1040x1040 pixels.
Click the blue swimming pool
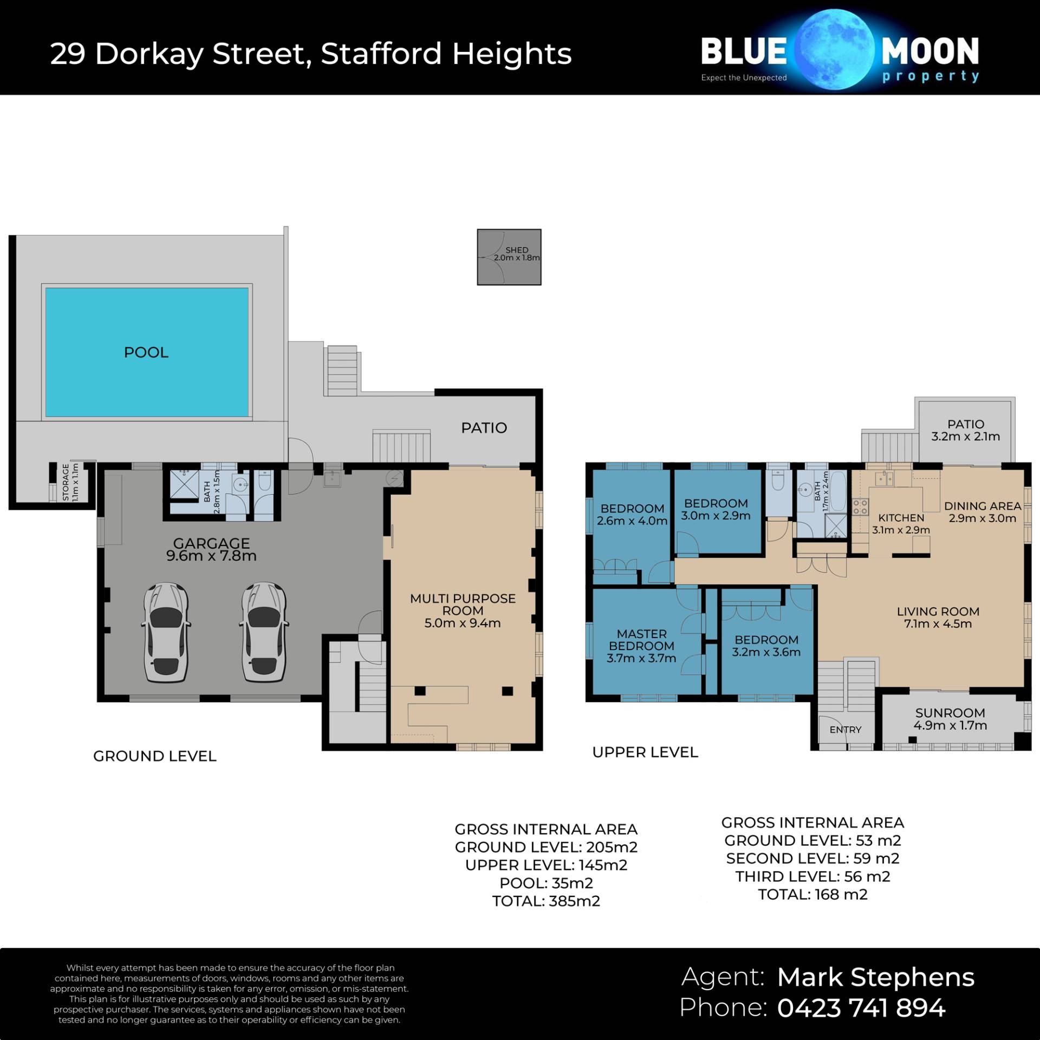147,352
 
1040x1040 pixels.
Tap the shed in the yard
509,257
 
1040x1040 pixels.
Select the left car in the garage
166,632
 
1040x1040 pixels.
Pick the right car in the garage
263,632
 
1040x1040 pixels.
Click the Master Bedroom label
641,640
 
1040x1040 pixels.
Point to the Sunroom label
950,713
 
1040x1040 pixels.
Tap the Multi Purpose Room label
463,604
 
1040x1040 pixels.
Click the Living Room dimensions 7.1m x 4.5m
938,623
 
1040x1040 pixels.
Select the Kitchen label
901,518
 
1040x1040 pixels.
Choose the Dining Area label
983,506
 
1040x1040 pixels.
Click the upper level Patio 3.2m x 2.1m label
966,430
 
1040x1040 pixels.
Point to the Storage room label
66,482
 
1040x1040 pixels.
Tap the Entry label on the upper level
845,730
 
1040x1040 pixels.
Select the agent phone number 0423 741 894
861,1007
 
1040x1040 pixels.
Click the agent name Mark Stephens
876,977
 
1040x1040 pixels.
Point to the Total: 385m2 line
546,901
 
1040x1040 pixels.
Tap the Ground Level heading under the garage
155,756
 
